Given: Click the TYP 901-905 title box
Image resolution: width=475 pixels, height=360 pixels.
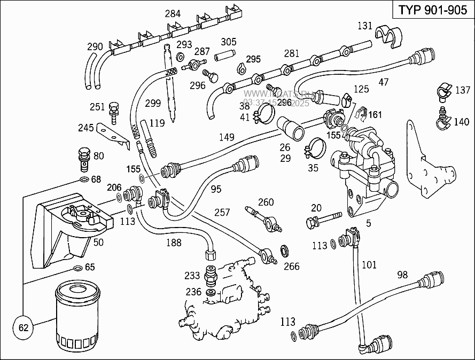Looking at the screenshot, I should pyautogui.click(x=433, y=11).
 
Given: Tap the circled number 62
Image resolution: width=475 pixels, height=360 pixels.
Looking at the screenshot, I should pyautogui.click(x=23, y=327).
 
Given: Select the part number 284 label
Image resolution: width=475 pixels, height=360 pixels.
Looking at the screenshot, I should pyautogui.click(x=172, y=14).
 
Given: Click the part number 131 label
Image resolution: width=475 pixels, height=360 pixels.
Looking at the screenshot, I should pyautogui.click(x=364, y=25).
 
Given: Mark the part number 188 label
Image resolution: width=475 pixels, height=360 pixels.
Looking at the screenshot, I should pyautogui.click(x=174, y=242).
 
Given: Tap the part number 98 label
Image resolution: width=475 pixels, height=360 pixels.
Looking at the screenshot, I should pyautogui.click(x=402, y=275).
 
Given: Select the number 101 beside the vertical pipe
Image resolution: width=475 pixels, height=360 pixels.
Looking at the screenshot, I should pyautogui.click(x=369, y=264).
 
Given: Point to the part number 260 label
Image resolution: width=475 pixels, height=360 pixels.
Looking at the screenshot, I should pyautogui.click(x=266, y=202).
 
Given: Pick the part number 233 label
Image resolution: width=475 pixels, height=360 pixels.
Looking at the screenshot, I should pyautogui.click(x=192, y=276).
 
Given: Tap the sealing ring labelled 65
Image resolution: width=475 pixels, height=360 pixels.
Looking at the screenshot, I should pyautogui.click(x=77, y=267).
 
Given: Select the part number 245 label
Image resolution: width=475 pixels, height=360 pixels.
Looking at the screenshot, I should pyautogui.click(x=85, y=128).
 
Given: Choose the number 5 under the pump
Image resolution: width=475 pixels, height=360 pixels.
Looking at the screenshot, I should pyautogui.click(x=368, y=224).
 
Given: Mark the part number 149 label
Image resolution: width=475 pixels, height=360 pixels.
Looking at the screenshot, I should pyautogui.click(x=227, y=137).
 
